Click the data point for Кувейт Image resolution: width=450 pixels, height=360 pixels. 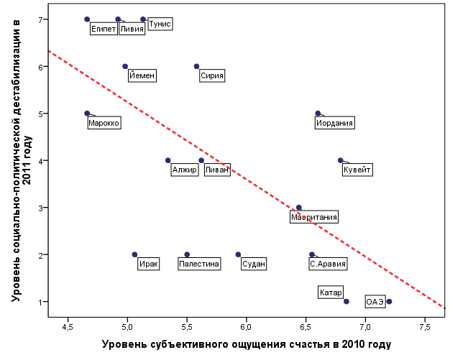point(341,160)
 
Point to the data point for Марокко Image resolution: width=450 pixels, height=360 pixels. point(87,114)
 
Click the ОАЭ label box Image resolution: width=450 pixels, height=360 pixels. point(375,302)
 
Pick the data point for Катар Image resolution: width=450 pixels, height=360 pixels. point(346,302)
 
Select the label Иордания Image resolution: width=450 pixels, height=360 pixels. point(335,124)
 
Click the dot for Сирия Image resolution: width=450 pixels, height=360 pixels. point(196,66)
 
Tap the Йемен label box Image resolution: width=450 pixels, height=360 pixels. point(142,75)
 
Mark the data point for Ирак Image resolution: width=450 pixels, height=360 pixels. point(134,254)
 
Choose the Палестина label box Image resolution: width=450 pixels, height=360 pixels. point(199,264)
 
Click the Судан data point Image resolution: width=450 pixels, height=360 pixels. point(239,254)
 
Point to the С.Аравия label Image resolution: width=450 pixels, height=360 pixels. point(328,264)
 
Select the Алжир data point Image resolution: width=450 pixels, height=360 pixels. point(168,160)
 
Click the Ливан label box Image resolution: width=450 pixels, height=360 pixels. point(217,170)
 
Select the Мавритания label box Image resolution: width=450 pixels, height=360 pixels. point(314,217)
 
